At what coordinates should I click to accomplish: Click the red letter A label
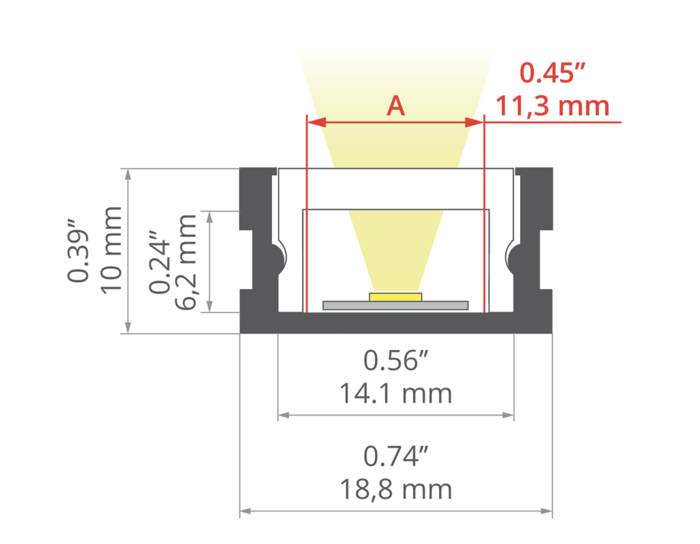tap(395, 106)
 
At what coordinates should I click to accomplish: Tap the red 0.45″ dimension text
tap(552, 73)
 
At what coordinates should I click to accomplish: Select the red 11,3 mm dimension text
tap(552, 106)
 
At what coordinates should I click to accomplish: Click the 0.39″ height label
tap(77, 251)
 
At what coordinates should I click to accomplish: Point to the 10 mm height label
tap(112, 251)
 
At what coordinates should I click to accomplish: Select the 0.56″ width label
tap(395, 360)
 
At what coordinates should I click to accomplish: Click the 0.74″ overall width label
tap(395, 456)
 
